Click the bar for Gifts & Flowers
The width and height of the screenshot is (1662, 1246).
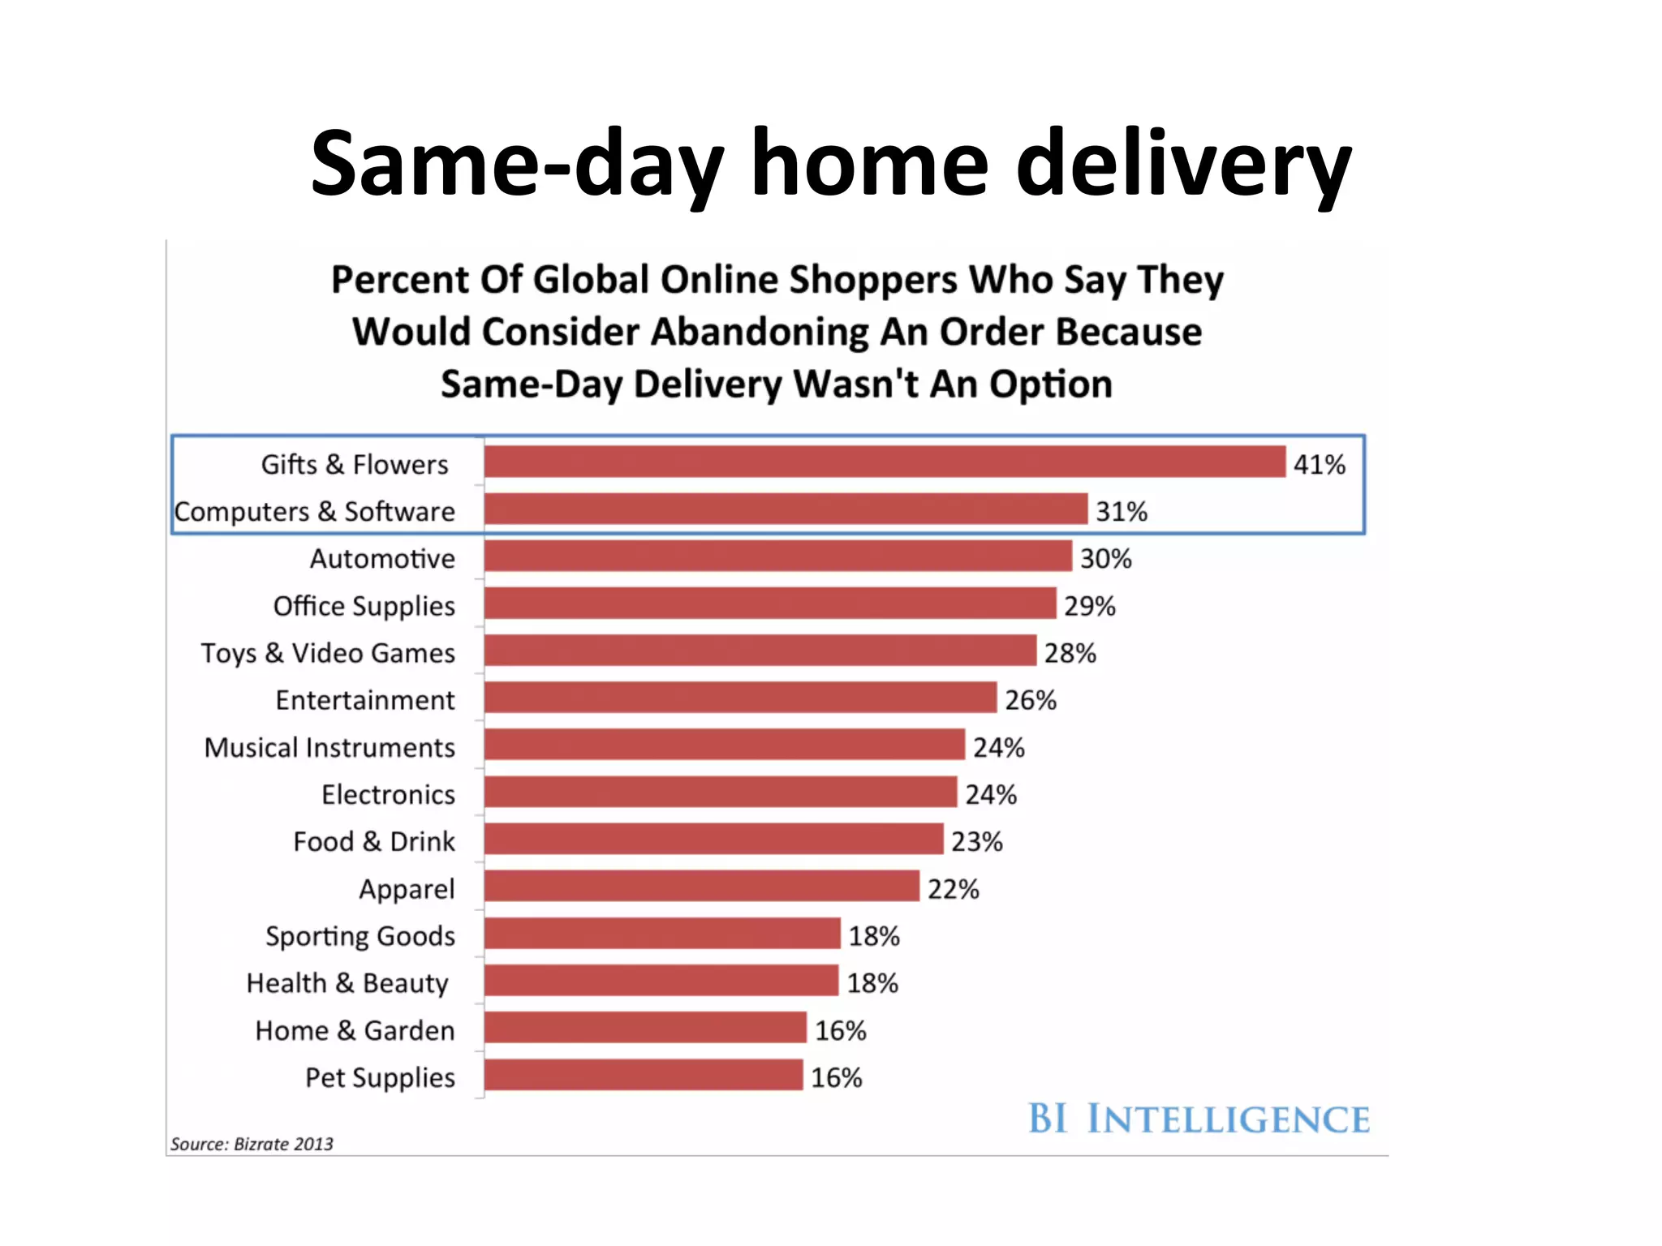(x=885, y=462)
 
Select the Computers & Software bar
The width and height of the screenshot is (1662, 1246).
(x=786, y=509)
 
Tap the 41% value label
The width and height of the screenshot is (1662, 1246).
(x=1319, y=465)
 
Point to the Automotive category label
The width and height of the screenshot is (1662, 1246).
(x=382, y=559)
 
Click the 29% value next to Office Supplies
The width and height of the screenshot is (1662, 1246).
(x=1089, y=606)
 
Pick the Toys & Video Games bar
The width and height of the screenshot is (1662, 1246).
(x=760, y=651)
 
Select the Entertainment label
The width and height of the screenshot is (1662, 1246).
(x=365, y=700)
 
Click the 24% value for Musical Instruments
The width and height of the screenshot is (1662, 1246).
(x=998, y=747)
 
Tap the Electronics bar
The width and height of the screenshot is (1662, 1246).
(x=721, y=792)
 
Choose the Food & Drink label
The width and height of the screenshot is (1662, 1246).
(x=374, y=841)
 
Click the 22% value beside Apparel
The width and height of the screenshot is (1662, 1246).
(x=953, y=889)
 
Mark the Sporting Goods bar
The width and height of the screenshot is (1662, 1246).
(x=662, y=933)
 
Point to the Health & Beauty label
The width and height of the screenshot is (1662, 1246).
(x=347, y=983)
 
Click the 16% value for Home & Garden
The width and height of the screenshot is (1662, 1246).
(x=840, y=1030)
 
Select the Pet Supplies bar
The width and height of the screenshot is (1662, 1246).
(x=644, y=1075)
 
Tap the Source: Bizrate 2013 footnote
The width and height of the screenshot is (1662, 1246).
(x=252, y=1144)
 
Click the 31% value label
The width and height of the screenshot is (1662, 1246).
(x=1121, y=512)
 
